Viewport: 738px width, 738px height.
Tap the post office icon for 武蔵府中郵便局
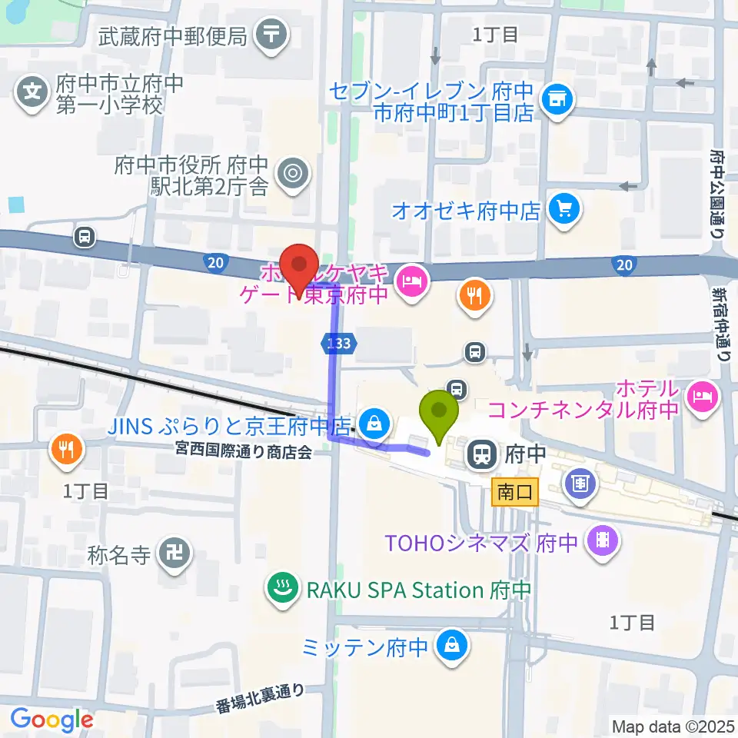pos(271,35)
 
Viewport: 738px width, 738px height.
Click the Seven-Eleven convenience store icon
pos(557,98)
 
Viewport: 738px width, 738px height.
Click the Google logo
pos(52,720)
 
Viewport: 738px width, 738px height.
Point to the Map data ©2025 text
pos(672,726)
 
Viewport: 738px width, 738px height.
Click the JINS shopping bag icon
pos(374,423)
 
